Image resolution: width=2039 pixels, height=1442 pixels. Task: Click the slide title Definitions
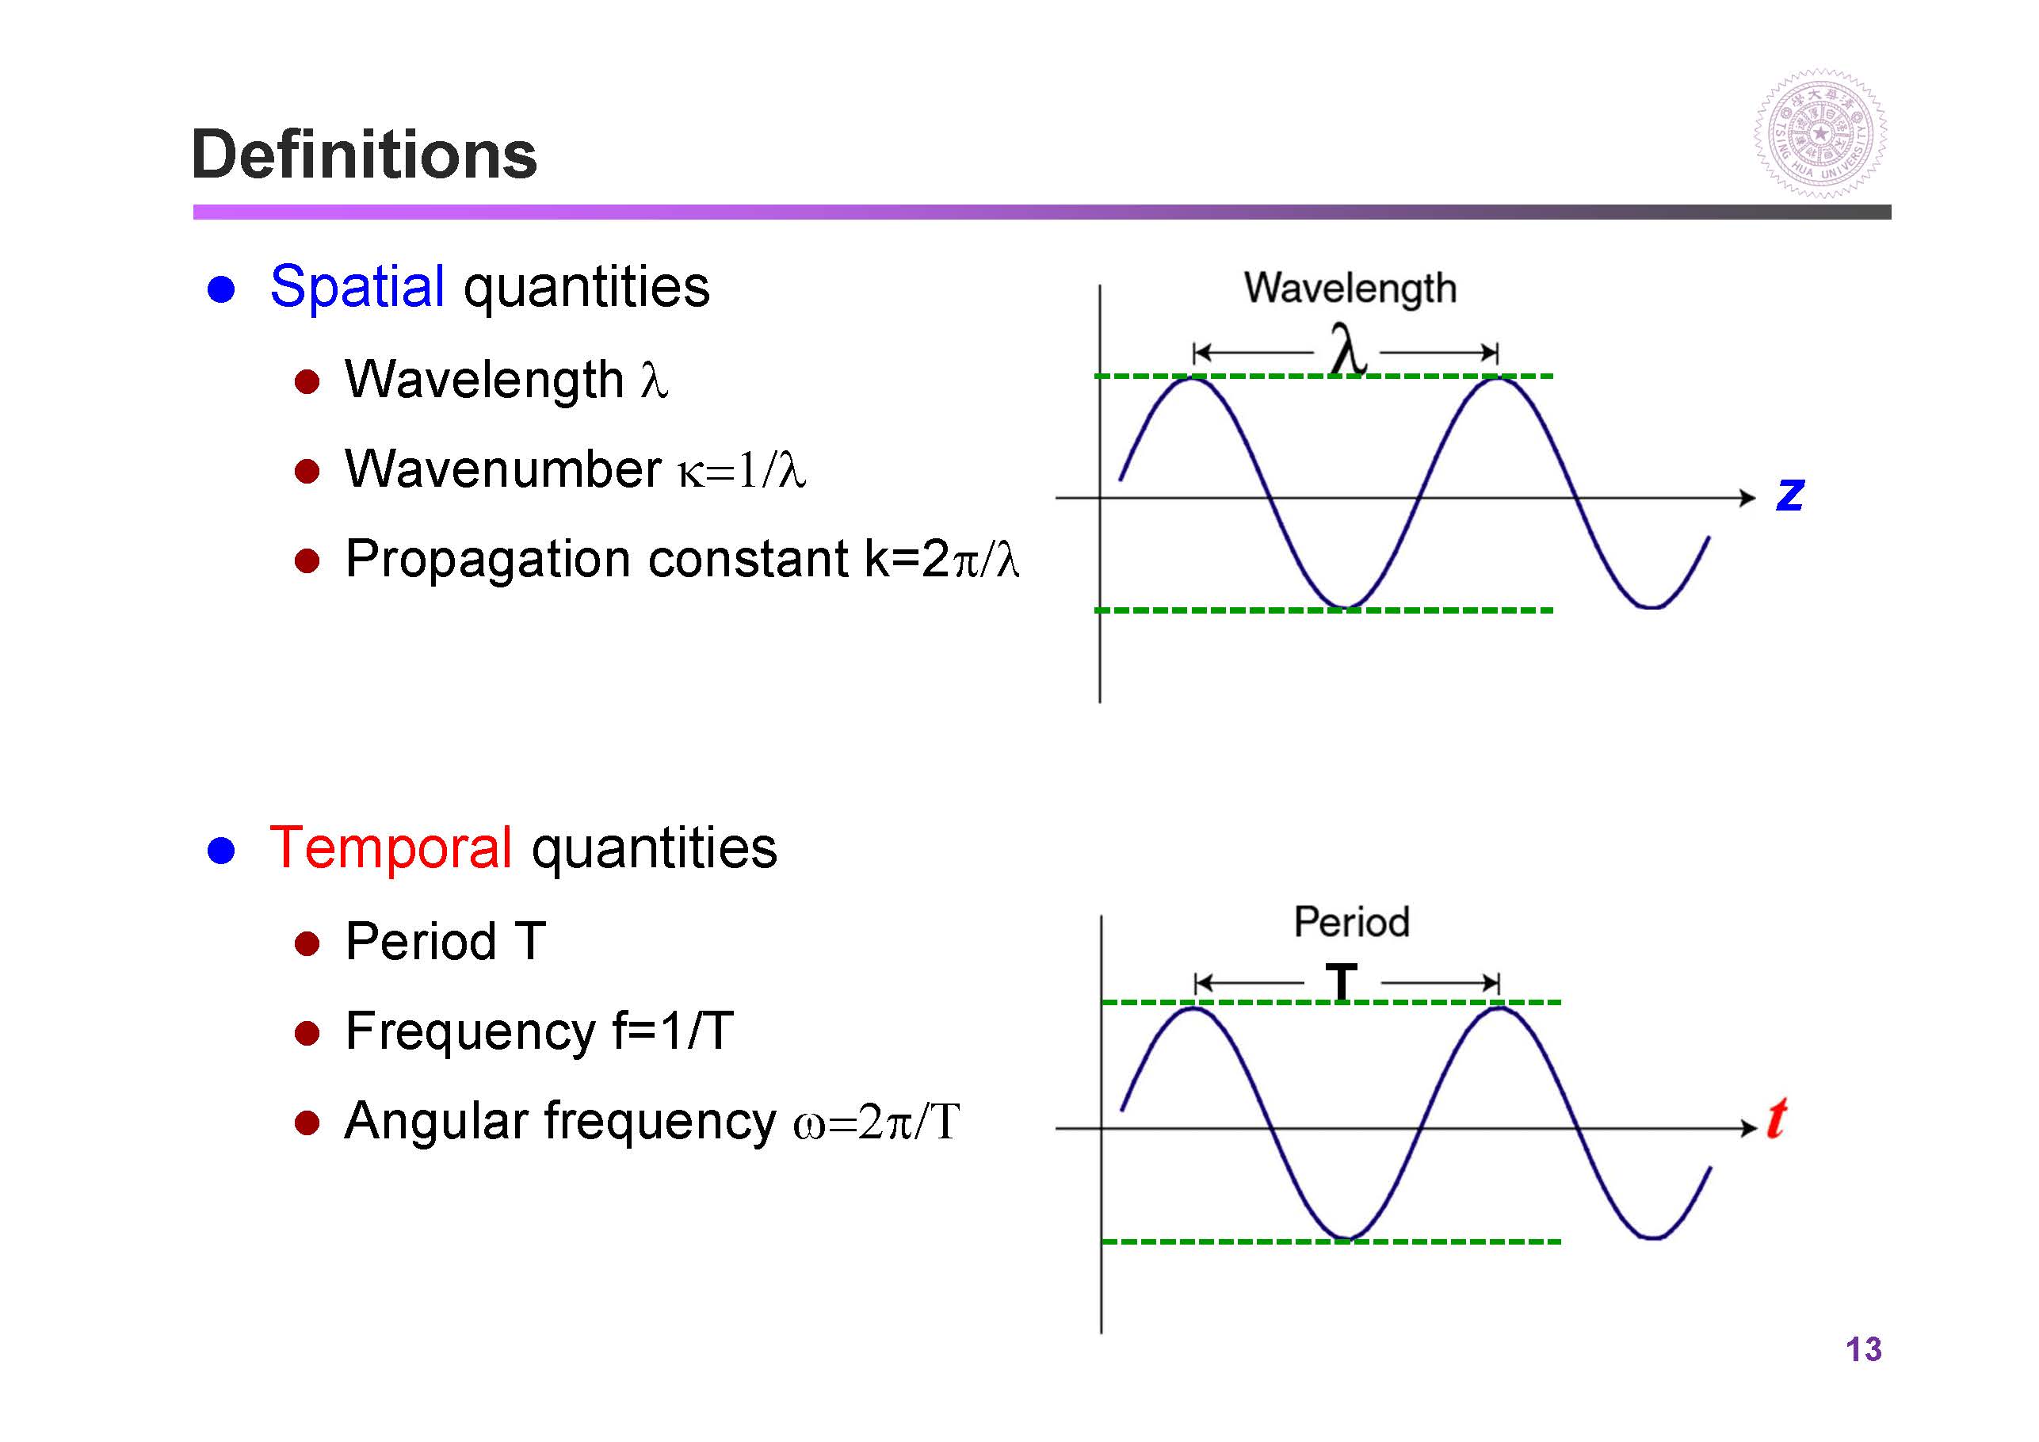[x=364, y=155]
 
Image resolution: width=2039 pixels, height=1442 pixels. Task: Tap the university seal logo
[x=1819, y=134]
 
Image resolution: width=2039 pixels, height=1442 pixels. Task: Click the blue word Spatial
[x=357, y=288]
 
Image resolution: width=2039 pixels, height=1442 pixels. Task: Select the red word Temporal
[x=391, y=847]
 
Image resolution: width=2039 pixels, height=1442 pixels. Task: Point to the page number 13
[x=1863, y=1349]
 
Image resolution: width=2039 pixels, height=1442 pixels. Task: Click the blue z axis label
[x=1789, y=494]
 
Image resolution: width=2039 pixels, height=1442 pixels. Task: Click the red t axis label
[x=1777, y=1118]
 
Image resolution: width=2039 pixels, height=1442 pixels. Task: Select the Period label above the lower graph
[x=1352, y=922]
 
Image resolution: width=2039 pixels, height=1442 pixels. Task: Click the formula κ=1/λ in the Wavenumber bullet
[x=743, y=470]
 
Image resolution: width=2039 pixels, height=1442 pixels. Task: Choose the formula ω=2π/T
[x=876, y=1121]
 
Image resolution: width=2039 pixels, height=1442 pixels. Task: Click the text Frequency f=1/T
[x=539, y=1031]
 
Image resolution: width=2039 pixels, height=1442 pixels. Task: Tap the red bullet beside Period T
[x=307, y=943]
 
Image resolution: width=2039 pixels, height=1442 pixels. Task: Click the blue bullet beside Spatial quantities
[x=221, y=289]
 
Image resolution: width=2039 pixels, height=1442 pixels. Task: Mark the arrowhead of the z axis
[x=1749, y=498]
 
